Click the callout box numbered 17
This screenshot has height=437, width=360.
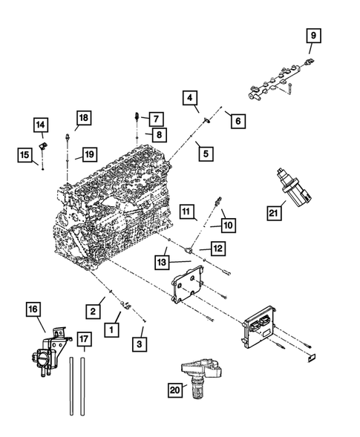(x=85, y=342)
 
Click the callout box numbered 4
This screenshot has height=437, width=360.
(x=191, y=98)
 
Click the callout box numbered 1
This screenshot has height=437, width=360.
(x=113, y=327)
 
